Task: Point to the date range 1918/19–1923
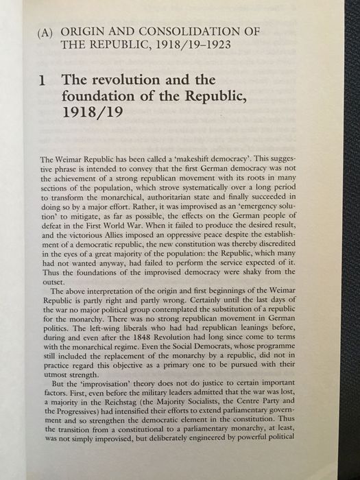(174, 46)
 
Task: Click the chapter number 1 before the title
(43, 81)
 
